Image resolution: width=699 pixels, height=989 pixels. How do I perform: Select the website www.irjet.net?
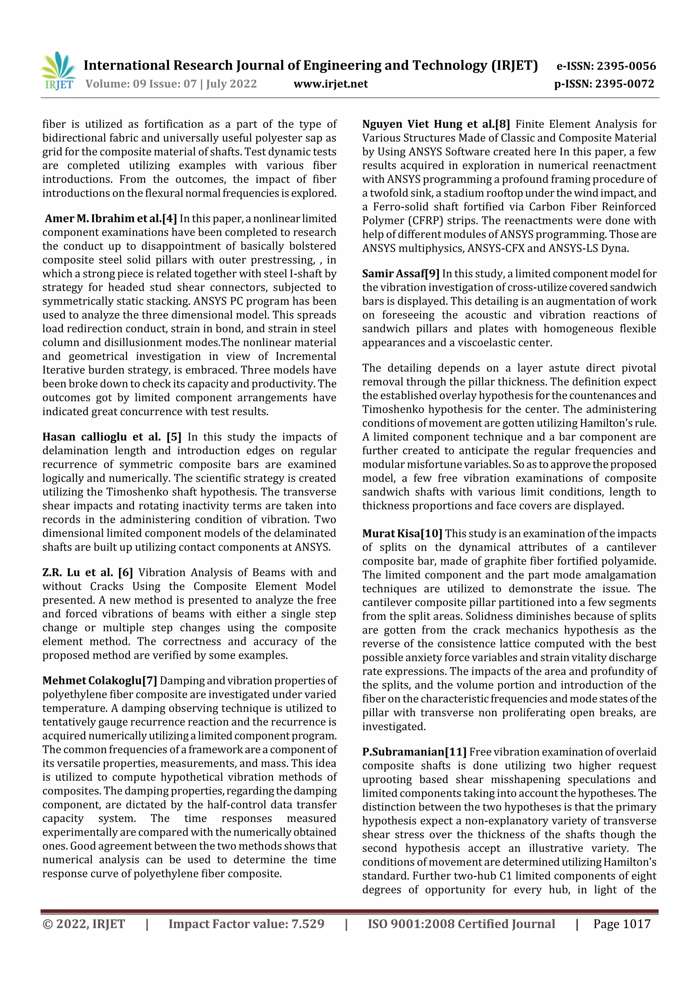[x=330, y=84]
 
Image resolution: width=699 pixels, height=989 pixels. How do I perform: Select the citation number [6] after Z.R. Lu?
[x=125, y=573]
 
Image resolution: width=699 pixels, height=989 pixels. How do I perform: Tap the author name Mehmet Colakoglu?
[x=92, y=681]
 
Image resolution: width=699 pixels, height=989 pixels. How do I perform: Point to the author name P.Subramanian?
[x=403, y=752]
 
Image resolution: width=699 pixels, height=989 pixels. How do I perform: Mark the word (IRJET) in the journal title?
[x=514, y=66]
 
